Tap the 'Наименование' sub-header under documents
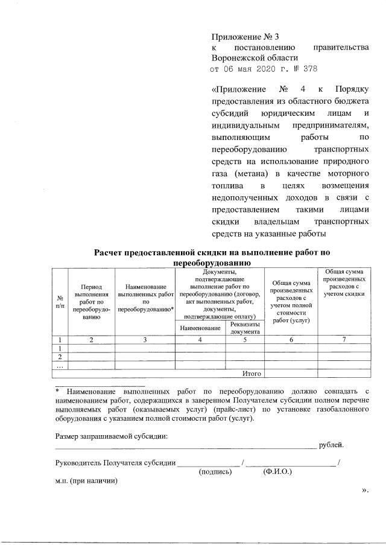(200, 328)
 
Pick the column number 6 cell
(291, 340)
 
